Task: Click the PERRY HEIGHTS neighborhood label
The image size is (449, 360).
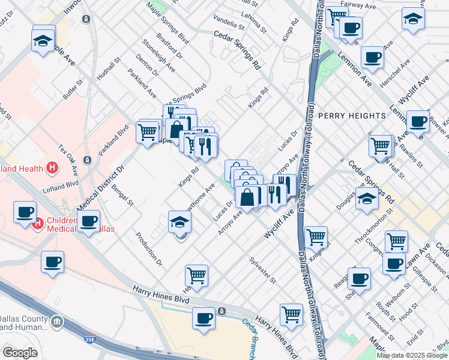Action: click(x=352, y=115)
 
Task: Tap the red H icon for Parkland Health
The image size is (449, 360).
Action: click(x=53, y=167)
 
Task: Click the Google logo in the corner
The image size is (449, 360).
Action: click(x=20, y=353)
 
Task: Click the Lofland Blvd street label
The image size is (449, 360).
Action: click(x=61, y=187)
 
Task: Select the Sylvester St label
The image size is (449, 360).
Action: click(x=262, y=271)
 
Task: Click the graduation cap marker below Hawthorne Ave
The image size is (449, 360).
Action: click(x=179, y=223)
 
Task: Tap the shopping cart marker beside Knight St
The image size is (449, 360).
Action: click(x=316, y=236)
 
